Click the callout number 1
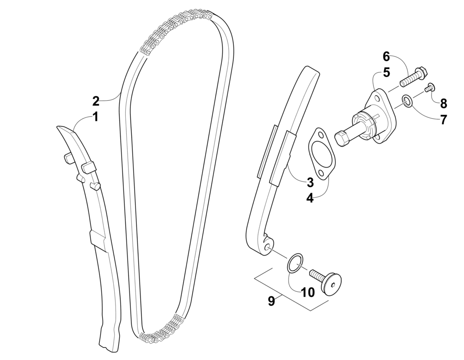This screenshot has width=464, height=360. (95, 117)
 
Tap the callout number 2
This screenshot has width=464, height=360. (96, 101)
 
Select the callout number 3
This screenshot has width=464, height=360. (310, 182)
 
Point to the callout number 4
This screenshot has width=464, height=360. (309, 198)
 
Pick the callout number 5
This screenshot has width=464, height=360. (386, 72)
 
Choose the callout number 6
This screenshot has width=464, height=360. (386, 57)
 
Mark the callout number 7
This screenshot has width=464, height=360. (443, 120)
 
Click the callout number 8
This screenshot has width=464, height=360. (443, 103)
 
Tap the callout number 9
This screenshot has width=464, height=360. (271, 301)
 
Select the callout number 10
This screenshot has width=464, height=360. (308, 292)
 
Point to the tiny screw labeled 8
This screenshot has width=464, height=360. (430, 87)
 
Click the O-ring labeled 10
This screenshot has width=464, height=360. (295, 263)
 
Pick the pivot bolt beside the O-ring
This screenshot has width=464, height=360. (327, 281)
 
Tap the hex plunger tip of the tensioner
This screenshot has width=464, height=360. (341, 138)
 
